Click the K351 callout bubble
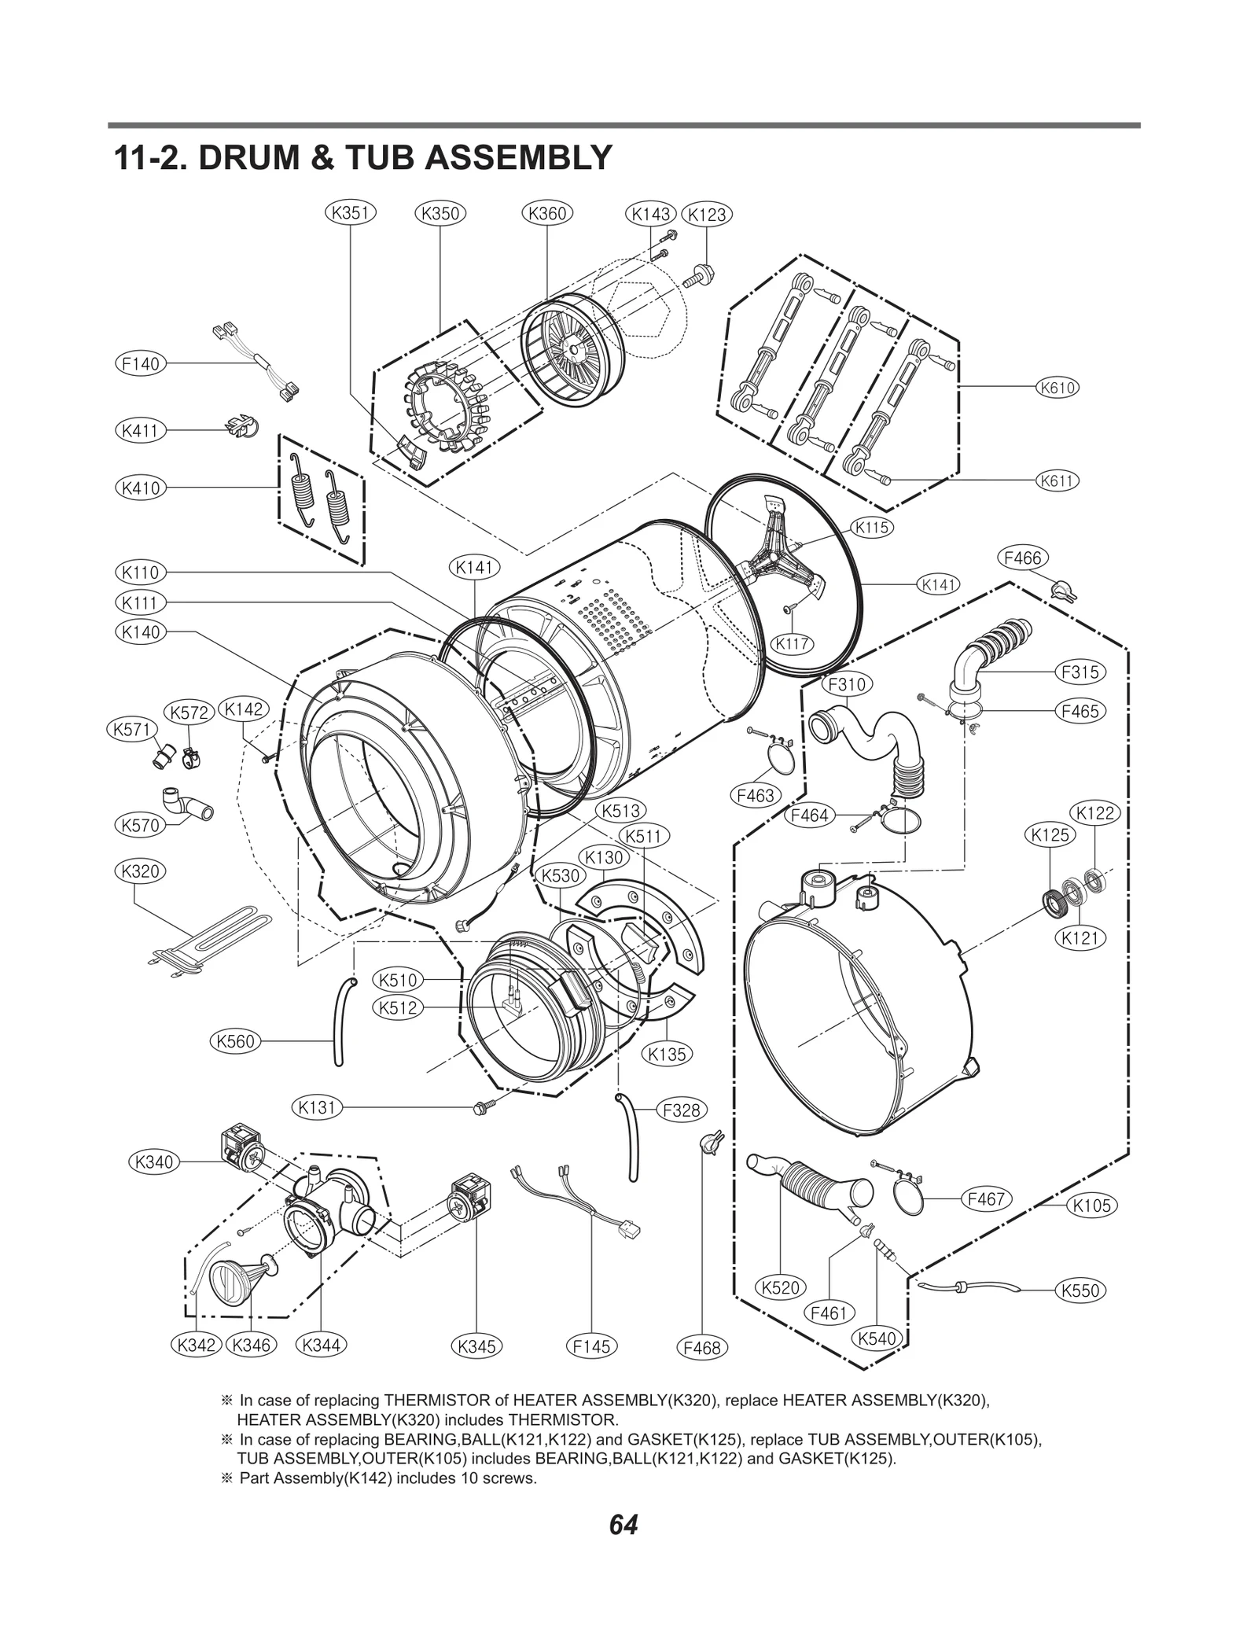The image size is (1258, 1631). pos(350,213)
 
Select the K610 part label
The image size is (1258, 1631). pos(1057,388)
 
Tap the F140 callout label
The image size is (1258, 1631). pos(140,363)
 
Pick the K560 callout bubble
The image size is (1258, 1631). pos(235,1042)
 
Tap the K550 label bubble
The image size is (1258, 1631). pos(1080,1290)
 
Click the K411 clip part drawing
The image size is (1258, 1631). pos(241,427)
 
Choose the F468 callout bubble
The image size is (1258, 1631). pos(702,1348)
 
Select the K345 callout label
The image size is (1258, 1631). pos(477,1346)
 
